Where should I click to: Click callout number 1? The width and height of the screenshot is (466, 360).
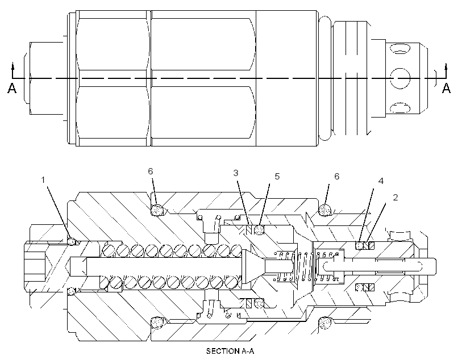(43, 180)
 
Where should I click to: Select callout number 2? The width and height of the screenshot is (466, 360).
(396, 197)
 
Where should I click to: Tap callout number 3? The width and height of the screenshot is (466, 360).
(236, 173)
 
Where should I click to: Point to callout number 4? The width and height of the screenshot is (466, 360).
(381, 181)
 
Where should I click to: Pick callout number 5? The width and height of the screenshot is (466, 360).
(277, 177)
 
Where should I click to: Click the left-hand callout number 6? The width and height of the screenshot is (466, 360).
(151, 171)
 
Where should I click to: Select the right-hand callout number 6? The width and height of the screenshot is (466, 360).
(337, 177)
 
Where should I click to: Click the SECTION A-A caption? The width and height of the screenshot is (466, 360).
(230, 351)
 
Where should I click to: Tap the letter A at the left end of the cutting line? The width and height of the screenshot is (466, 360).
(11, 88)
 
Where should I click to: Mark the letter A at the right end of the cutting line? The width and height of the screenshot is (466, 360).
(446, 88)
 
